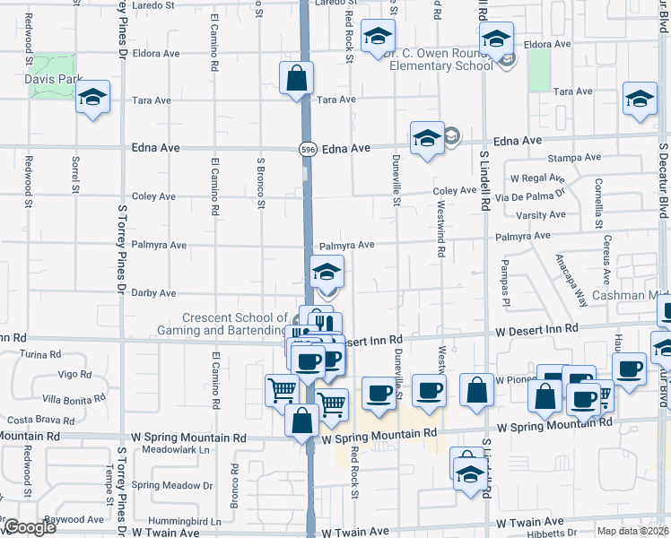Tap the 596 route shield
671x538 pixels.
(308, 149)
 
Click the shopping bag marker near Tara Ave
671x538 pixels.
(296, 80)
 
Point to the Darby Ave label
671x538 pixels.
(153, 292)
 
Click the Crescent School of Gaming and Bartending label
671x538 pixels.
(233, 324)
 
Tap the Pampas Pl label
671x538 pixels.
(506, 279)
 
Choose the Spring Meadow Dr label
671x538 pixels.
(171, 485)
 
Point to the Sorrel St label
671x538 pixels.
(75, 176)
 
